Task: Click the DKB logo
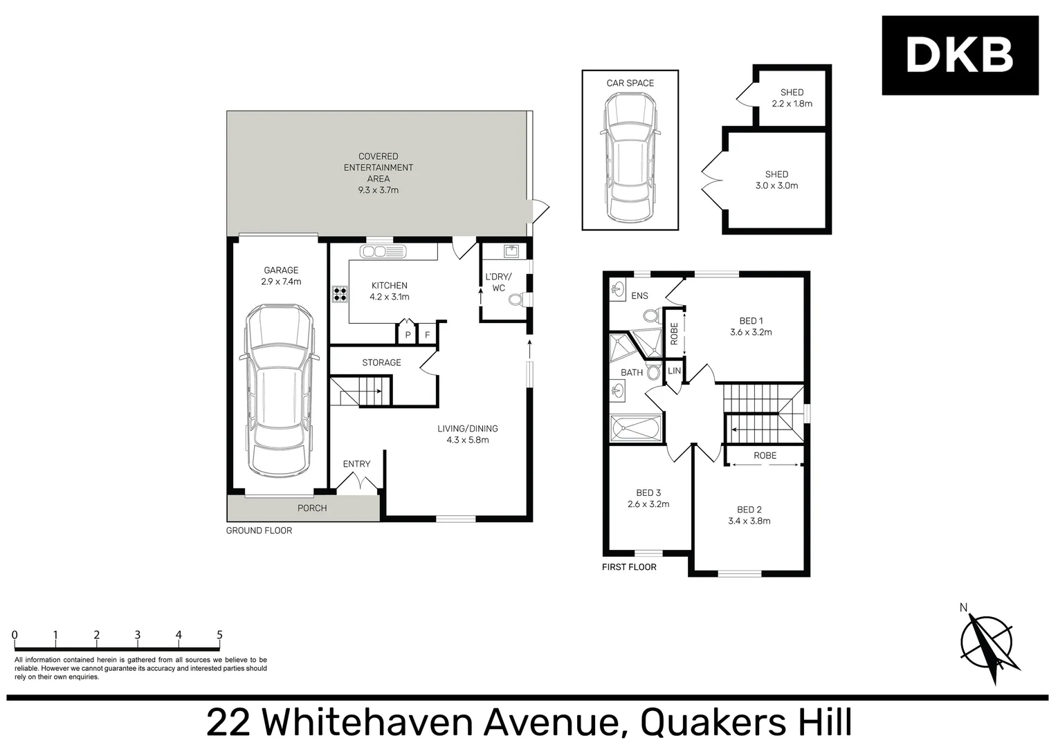point(959,55)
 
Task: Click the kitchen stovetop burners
point(340,295)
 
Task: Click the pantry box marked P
point(408,335)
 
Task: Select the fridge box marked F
point(427,335)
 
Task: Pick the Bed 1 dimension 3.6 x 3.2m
point(751,332)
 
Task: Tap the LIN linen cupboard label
point(674,371)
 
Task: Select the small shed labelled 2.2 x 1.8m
point(792,98)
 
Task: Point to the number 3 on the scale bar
point(138,635)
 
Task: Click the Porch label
point(312,508)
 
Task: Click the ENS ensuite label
point(639,295)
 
